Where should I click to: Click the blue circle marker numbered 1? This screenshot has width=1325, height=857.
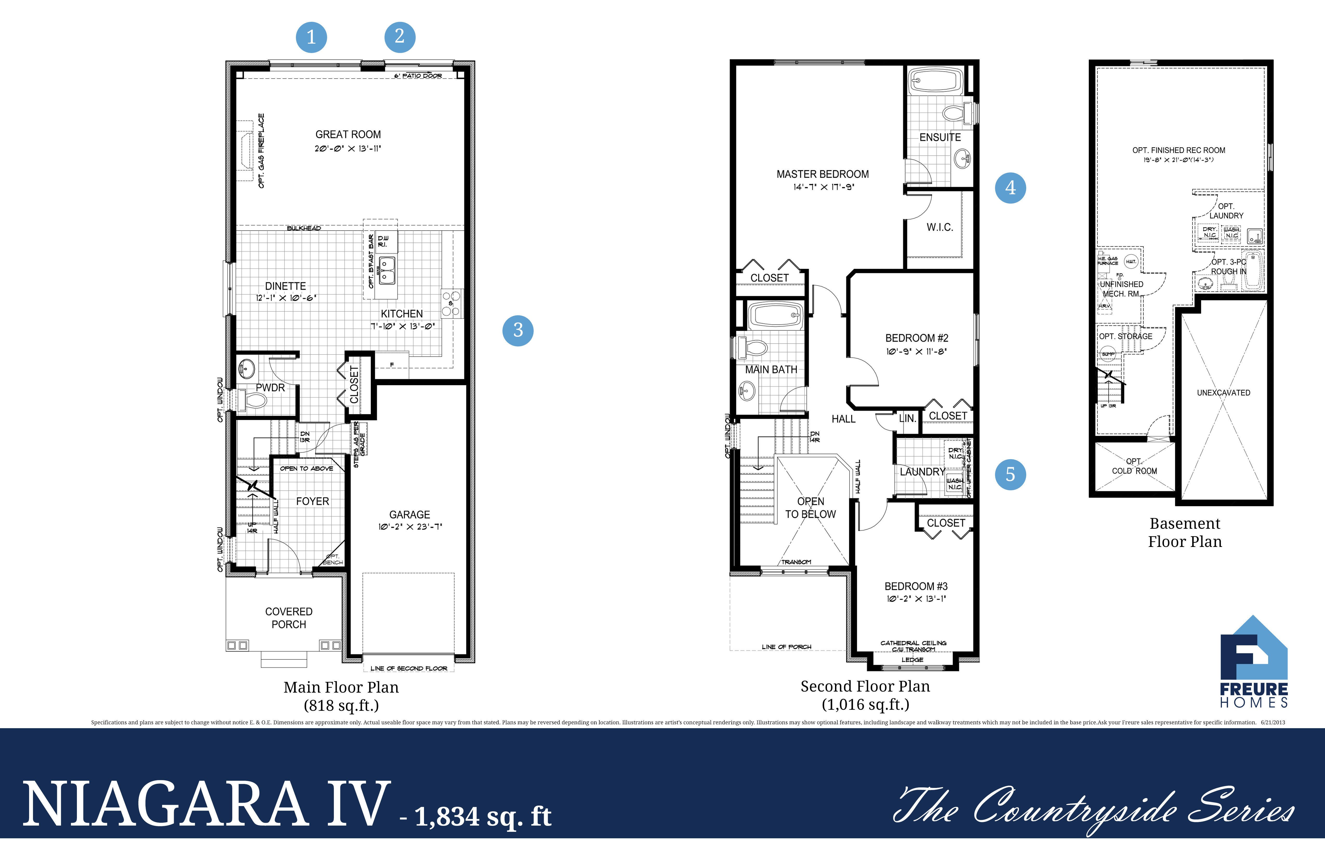click(311, 37)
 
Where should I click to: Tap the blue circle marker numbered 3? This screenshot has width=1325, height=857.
click(518, 331)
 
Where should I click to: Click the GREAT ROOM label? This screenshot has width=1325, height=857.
click(348, 135)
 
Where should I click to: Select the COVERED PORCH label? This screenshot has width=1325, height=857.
click(288, 618)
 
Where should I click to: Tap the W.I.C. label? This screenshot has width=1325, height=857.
click(940, 227)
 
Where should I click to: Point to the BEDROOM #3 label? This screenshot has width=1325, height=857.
click(916, 587)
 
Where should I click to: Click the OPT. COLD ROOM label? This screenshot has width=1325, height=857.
click(1134, 466)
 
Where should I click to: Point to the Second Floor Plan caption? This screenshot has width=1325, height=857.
click(865, 687)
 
